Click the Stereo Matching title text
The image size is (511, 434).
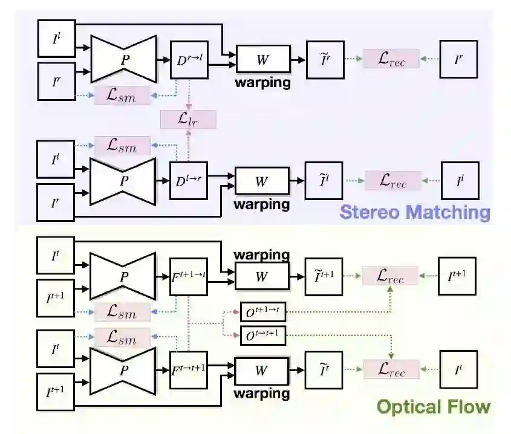(414, 212)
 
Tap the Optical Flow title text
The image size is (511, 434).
(433, 406)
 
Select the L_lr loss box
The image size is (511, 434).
(187, 119)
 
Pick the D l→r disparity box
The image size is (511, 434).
(189, 180)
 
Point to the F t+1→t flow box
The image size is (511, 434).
(189, 276)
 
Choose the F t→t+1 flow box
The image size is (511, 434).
(189, 369)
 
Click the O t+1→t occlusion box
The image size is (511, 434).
(262, 312)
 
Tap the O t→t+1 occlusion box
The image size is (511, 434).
(262, 335)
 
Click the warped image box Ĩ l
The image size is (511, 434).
(324, 180)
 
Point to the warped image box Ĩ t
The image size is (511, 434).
(324, 369)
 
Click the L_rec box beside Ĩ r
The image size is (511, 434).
(391, 59)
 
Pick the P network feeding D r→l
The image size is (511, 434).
(123, 59)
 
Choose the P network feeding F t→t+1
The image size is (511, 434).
(123, 369)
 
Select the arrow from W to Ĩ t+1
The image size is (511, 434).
(297, 276)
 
